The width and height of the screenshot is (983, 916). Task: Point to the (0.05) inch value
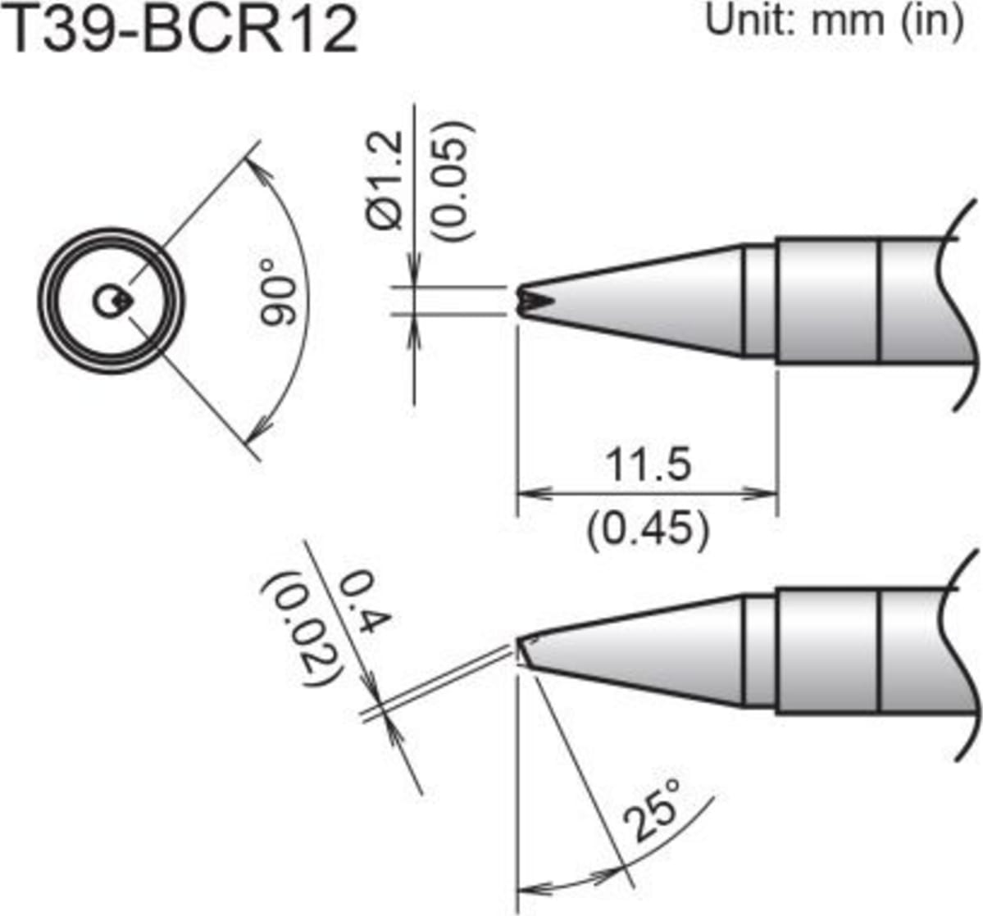click(453, 181)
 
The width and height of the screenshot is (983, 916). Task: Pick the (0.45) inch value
click(647, 530)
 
